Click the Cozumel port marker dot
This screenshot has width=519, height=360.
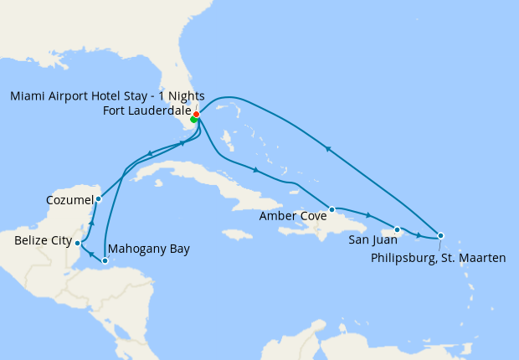pyautogui.click(x=98, y=199)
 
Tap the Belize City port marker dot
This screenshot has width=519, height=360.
pyautogui.click(x=78, y=244)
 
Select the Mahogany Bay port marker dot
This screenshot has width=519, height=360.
pyautogui.click(x=105, y=261)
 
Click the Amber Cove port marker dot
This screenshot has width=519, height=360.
pyautogui.click(x=332, y=209)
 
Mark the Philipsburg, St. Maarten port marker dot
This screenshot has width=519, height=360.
pyautogui.click(x=441, y=235)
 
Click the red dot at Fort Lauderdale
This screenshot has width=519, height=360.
pyautogui.click(x=196, y=114)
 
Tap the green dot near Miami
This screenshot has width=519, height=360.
pyautogui.click(x=193, y=120)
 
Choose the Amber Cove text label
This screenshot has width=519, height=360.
pyautogui.click(x=291, y=215)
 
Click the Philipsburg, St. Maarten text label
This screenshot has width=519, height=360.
pyautogui.click(x=438, y=258)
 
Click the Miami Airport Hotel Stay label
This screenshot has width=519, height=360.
pyautogui.click(x=107, y=96)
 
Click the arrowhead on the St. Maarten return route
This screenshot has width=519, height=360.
pyautogui.click(x=329, y=150)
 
